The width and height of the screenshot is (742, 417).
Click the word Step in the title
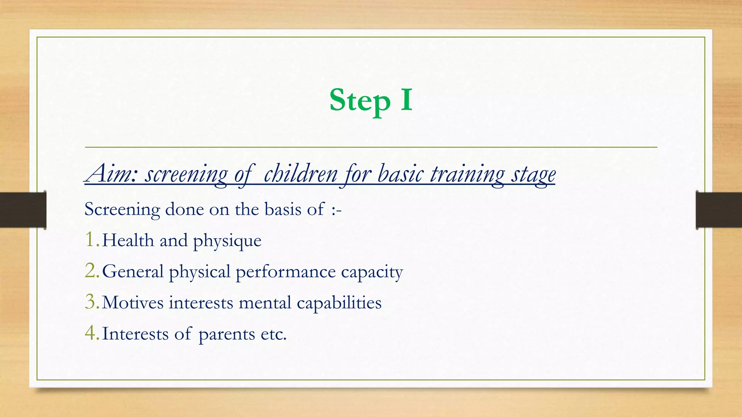(359, 101)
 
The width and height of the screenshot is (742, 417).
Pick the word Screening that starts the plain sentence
(122, 210)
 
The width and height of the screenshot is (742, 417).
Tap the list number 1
(91, 240)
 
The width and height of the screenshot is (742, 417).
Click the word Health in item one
(128, 240)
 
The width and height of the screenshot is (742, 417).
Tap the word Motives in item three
(133, 303)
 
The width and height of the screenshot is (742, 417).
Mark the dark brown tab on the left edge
(23, 210)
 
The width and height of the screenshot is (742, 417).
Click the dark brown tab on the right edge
(719, 210)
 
